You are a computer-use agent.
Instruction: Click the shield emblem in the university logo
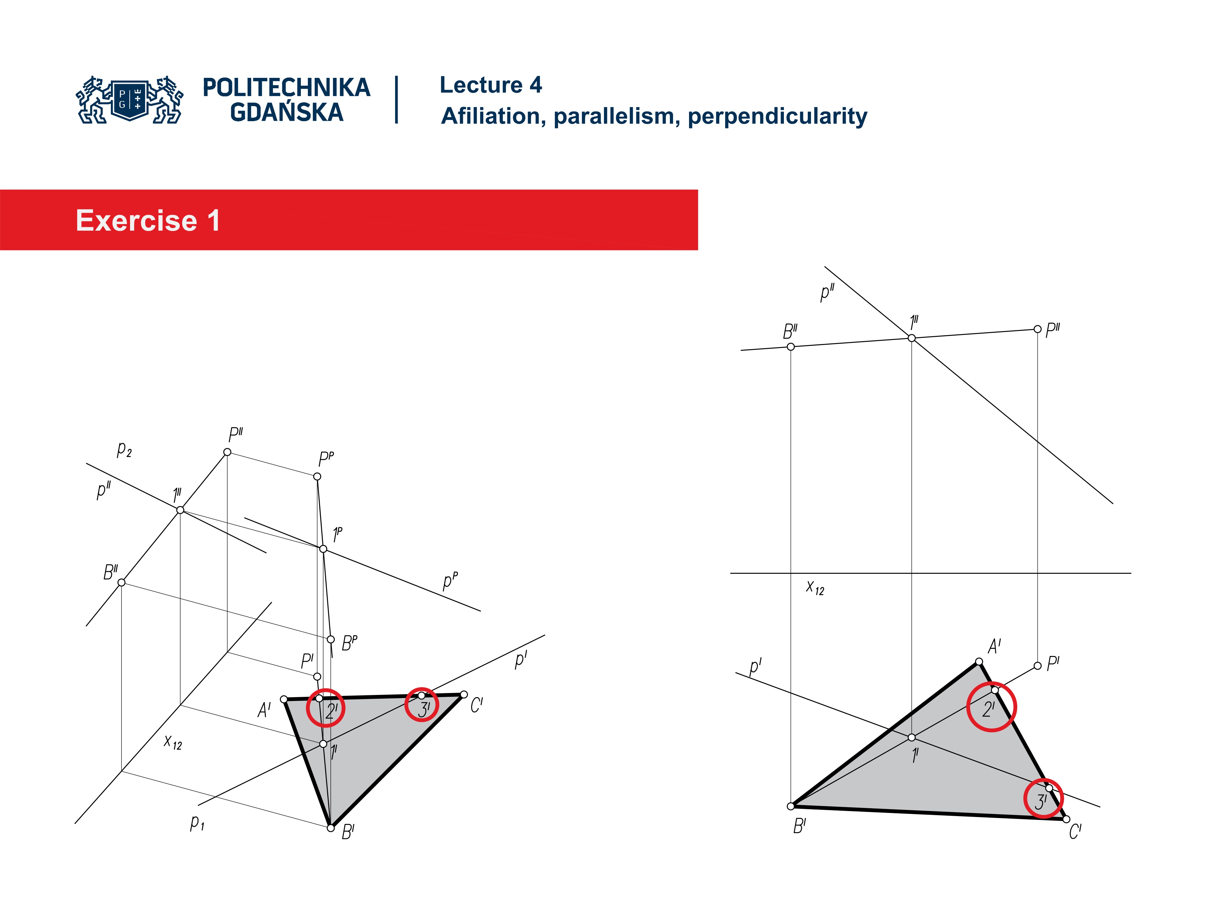click(x=130, y=99)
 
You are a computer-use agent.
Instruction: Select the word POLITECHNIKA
click(x=286, y=88)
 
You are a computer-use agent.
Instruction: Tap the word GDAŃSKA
click(x=286, y=113)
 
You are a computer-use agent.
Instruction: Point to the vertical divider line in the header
click(x=396, y=100)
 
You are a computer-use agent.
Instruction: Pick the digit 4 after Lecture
click(x=535, y=85)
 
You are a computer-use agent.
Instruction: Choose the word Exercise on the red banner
click(x=136, y=221)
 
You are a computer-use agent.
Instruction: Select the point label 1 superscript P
click(x=338, y=534)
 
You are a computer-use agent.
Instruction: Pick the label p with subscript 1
click(x=197, y=822)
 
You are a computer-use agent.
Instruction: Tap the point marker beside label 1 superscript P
click(x=323, y=549)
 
